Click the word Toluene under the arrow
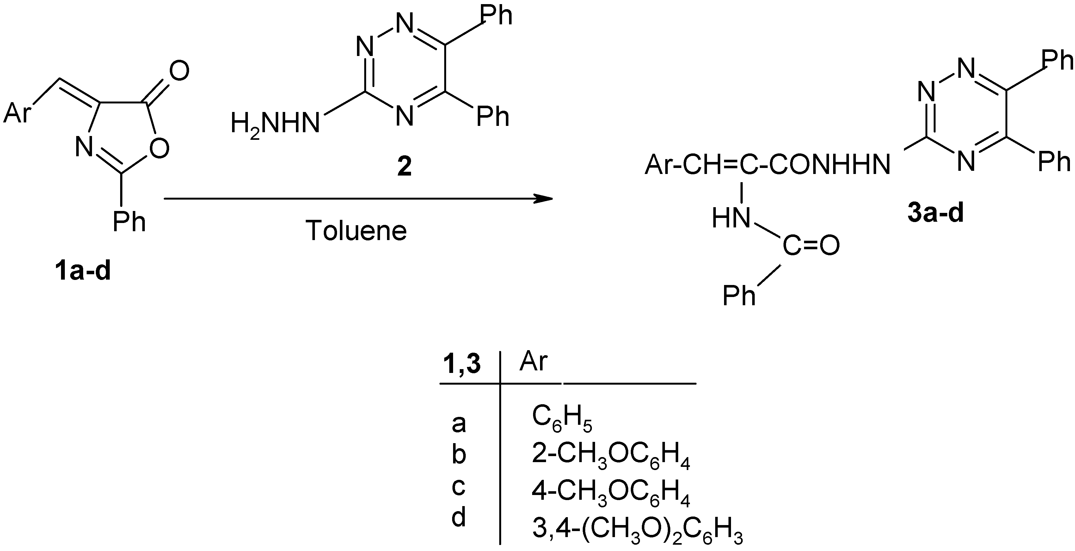click(356, 231)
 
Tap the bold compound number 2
click(404, 166)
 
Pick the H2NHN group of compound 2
click(275, 124)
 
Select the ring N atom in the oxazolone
click(84, 147)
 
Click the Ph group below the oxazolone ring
click(129, 222)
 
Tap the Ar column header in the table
click(533, 361)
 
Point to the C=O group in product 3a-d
click(811, 246)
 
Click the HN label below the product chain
click(730, 218)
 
